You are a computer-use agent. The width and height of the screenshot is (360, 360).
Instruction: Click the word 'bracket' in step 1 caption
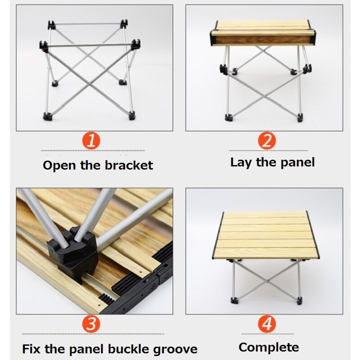click(129, 165)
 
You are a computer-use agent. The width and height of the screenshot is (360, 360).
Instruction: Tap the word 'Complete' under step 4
click(269, 347)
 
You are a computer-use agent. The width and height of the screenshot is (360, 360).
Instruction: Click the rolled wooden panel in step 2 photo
click(263, 33)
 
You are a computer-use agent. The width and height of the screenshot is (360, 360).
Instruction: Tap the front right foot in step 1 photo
click(132, 116)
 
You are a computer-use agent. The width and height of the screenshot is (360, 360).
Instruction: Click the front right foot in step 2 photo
click(299, 117)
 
